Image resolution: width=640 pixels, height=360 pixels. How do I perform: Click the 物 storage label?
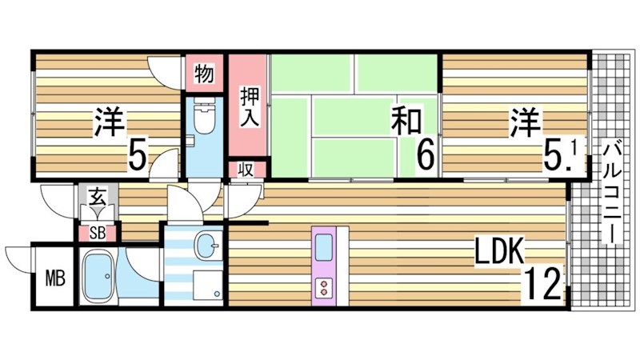pyautogui.click(x=204, y=74)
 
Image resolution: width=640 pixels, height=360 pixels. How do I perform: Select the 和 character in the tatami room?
pyautogui.click(x=406, y=122)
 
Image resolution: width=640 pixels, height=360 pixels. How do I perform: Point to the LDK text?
pyautogui.click(x=499, y=254)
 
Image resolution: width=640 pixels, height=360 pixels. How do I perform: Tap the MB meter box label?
pyautogui.click(x=54, y=279)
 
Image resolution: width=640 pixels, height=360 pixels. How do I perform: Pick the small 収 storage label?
pyautogui.click(x=247, y=170)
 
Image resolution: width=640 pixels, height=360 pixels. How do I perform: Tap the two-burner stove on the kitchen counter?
pyautogui.click(x=326, y=287)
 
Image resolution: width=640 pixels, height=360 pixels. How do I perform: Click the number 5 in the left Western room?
pyautogui.click(x=138, y=154)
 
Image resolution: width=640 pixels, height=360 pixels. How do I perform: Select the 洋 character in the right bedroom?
pyautogui.click(x=525, y=122)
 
